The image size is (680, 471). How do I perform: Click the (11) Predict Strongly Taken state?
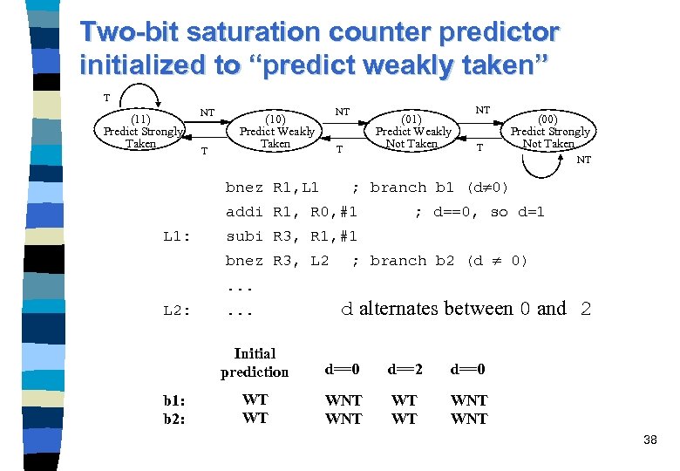click(x=141, y=131)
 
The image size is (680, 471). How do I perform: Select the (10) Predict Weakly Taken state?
click(x=276, y=131)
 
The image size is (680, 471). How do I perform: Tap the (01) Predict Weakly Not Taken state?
click(x=411, y=131)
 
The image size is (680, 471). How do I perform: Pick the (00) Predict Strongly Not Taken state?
click(x=549, y=131)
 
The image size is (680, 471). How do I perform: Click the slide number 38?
click(x=650, y=440)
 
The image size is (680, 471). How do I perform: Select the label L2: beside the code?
click(x=178, y=311)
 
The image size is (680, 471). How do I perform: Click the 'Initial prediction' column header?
click(x=255, y=363)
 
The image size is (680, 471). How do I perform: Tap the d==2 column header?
click(x=405, y=369)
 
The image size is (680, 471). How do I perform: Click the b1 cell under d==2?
click(x=405, y=400)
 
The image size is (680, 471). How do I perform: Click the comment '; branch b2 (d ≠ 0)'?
click(x=439, y=261)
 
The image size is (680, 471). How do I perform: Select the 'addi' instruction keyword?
click(x=244, y=211)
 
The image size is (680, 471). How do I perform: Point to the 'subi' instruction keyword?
click(x=244, y=235)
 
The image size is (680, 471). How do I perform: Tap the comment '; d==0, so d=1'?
click(x=479, y=211)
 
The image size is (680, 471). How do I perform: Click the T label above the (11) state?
click(x=106, y=98)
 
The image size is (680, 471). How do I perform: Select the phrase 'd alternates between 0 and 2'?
click(x=466, y=309)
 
